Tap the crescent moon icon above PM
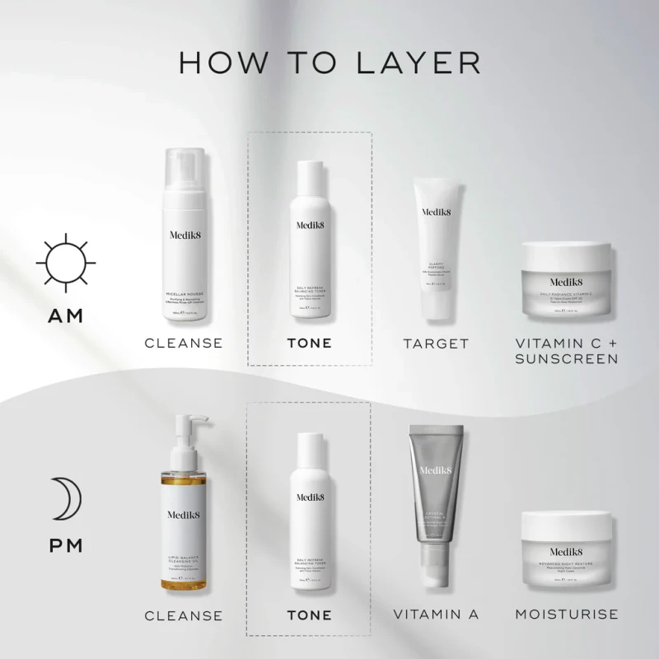(x=63, y=499)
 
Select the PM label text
(x=65, y=547)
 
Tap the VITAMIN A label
(x=436, y=615)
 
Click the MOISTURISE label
(x=567, y=615)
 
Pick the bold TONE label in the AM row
(x=309, y=343)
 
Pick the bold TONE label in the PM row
(x=309, y=615)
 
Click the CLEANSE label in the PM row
(x=183, y=615)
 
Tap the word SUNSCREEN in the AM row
(x=568, y=360)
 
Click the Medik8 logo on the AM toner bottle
(x=310, y=224)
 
